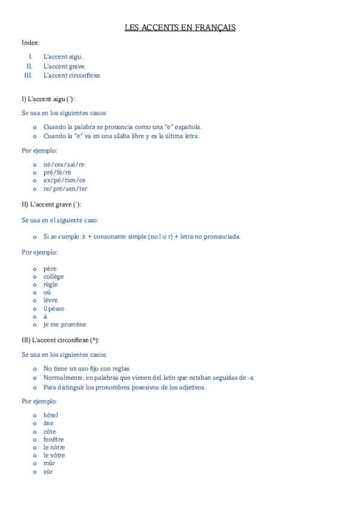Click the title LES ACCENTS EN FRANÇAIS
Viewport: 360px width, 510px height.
[180, 28]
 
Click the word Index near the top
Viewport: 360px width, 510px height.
[30, 42]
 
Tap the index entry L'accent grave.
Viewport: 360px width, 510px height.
[64, 66]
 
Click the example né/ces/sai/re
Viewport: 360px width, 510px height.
[64, 164]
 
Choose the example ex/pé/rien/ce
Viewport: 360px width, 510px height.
[64, 180]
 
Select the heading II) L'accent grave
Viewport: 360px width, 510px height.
[51, 204]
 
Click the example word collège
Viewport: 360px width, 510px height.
[53, 277]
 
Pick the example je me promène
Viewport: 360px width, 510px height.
[64, 324]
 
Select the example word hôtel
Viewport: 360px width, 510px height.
[50, 416]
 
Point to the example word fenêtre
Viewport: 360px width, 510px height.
[53, 440]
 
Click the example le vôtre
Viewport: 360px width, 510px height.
[54, 455]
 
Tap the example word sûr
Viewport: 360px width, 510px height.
[48, 472]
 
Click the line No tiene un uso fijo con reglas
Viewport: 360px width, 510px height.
[87, 368]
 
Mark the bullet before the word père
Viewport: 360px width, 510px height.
[35, 269]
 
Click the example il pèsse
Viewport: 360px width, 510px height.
[53, 309]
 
